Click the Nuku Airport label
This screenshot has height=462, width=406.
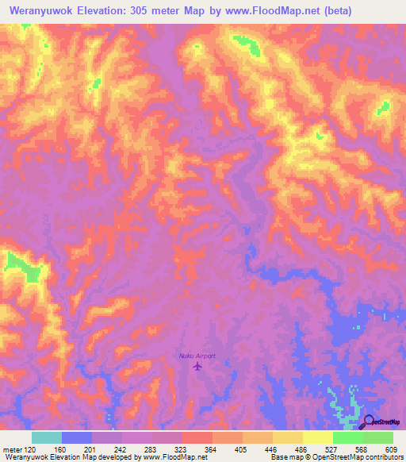coord(197,356)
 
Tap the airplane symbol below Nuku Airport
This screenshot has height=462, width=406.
coord(197,366)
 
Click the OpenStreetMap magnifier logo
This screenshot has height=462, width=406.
coord(368,423)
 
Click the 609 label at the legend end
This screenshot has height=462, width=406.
coord(389,449)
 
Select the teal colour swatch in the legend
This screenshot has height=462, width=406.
coord(46,437)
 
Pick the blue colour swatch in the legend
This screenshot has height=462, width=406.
coord(77,437)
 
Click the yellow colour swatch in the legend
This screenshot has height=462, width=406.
coord(317,437)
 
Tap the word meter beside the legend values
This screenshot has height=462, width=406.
coord(13,449)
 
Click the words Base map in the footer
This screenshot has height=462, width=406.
coord(283,457)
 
